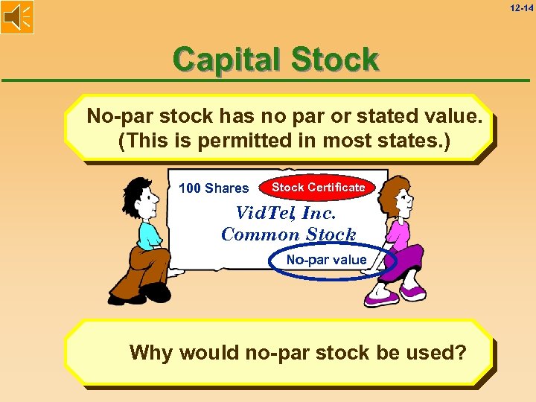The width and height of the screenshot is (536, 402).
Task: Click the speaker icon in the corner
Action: click(17, 17)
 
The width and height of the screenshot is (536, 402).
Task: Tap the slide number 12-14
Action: click(521, 7)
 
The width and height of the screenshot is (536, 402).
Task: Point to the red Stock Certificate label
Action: click(318, 188)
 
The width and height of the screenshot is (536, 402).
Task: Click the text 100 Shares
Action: click(214, 188)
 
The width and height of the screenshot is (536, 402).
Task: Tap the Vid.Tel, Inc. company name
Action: click(287, 213)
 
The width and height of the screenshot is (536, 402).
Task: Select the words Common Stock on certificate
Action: click(289, 234)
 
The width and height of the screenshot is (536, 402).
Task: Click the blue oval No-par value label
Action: click(327, 260)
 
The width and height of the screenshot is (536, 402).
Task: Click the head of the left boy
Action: click(138, 197)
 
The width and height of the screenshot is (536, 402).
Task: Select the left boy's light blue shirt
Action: click(149, 234)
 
